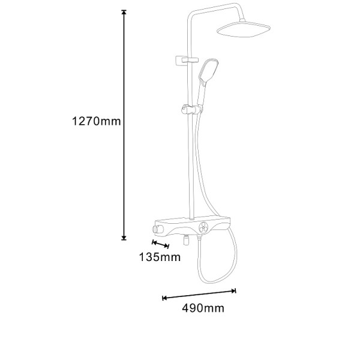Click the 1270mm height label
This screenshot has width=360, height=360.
[96, 121]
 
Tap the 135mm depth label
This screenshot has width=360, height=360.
[160, 257]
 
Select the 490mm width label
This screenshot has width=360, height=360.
[203, 308]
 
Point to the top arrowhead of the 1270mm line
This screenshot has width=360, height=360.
[124, 13]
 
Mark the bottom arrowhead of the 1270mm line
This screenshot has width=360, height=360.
[124, 238]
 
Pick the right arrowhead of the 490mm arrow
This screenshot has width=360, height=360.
[233, 291]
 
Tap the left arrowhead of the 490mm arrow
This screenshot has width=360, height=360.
[164, 298]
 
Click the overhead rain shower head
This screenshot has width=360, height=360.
[244, 29]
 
